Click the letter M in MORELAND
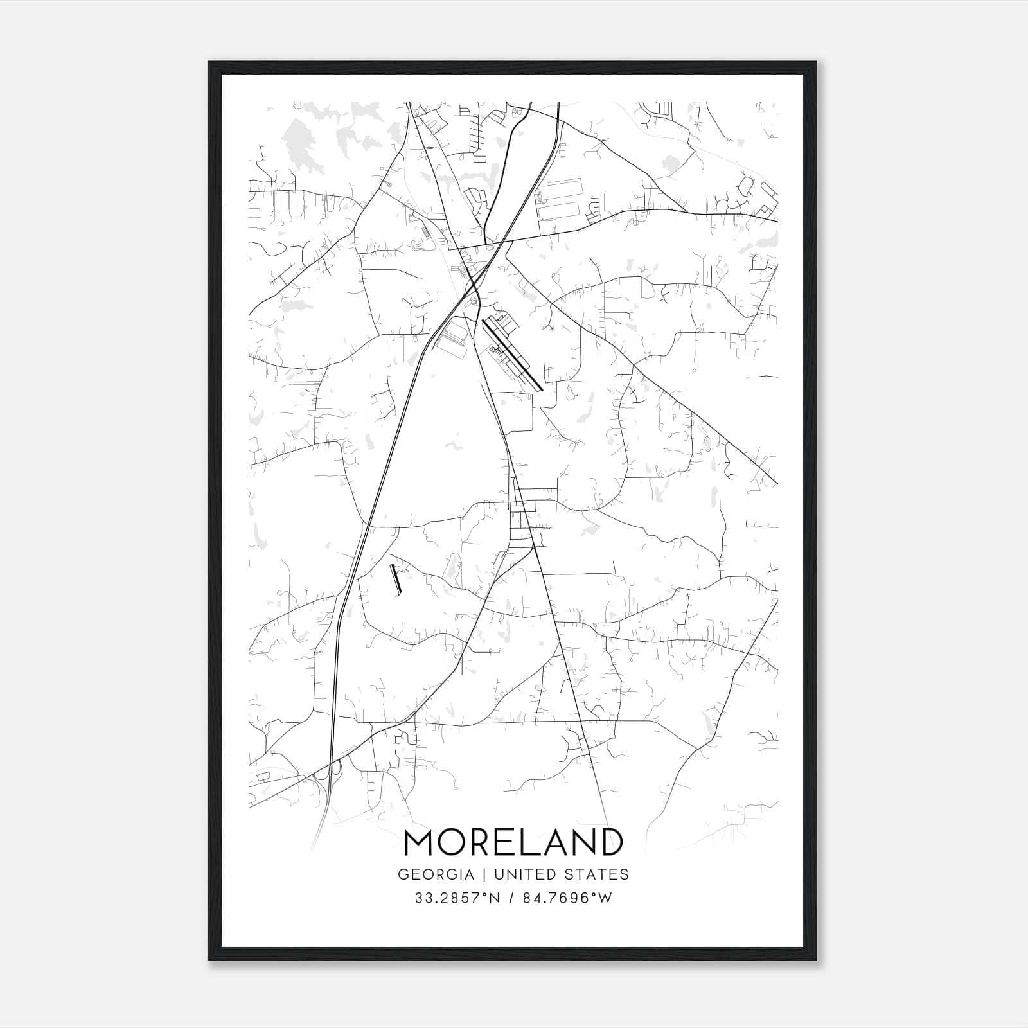click(x=420, y=842)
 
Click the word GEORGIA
click(x=436, y=874)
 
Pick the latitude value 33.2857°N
click(x=457, y=898)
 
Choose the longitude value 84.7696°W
click(x=569, y=898)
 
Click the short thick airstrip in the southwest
click(x=395, y=579)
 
